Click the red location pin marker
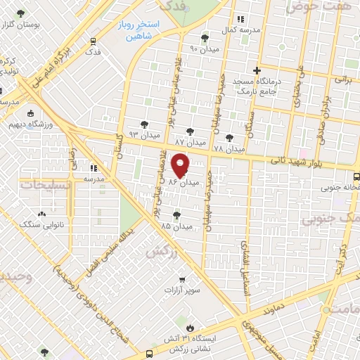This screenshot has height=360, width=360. (x=181, y=165)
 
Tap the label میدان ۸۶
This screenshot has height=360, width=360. (x=184, y=182)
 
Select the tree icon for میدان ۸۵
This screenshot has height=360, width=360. (x=176, y=215)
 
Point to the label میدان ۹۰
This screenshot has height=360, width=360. (x=205, y=49)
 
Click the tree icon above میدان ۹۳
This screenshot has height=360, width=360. (x=144, y=122)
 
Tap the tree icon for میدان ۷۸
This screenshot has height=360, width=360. (x=229, y=138)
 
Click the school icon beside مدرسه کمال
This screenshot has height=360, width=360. (x=240, y=20)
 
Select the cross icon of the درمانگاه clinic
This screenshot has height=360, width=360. (x=257, y=70)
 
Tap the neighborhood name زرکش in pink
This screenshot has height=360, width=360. (x=159, y=251)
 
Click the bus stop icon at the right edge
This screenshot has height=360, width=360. (x=356, y=176)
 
